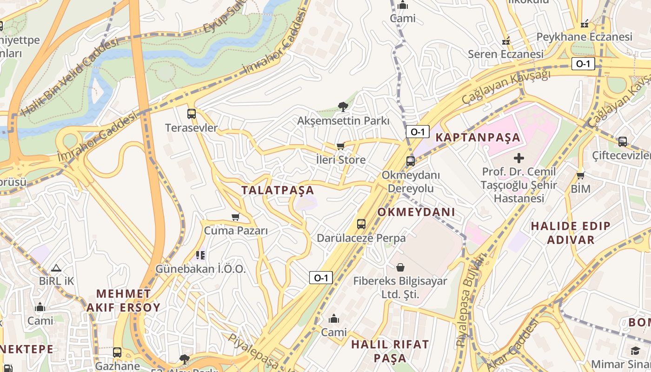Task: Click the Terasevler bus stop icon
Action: (x=191, y=114)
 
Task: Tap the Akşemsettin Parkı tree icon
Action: (x=343, y=107)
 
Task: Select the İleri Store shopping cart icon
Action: (x=340, y=146)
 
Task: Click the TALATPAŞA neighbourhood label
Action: (x=278, y=190)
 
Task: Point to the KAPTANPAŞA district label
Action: (x=478, y=138)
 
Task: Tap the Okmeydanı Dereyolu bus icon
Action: (x=410, y=161)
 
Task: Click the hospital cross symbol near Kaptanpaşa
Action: (x=519, y=158)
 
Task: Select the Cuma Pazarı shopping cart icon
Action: (x=236, y=217)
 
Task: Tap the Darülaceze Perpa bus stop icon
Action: (x=361, y=224)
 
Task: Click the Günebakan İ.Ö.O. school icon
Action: (x=200, y=255)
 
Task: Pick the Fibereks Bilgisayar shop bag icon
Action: (x=400, y=267)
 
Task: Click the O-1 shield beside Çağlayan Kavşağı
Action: (x=583, y=64)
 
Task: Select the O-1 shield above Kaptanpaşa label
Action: (x=417, y=132)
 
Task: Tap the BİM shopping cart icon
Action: (x=580, y=175)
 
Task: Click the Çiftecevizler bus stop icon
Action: (x=622, y=141)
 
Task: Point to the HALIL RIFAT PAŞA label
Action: (x=390, y=351)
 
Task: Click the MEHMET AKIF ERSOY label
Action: (x=123, y=300)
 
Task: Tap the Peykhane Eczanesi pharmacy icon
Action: (x=585, y=23)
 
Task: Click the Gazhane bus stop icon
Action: (x=117, y=352)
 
